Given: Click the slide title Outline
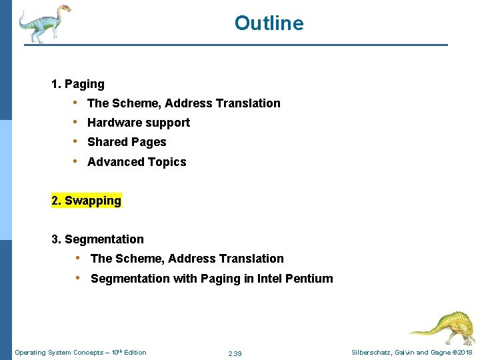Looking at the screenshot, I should tap(269, 24).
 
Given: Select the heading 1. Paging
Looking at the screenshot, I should tap(78, 84).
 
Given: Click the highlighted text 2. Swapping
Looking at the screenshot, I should tap(87, 201).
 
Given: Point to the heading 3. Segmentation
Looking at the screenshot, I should tap(97, 239).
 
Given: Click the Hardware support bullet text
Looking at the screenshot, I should tap(139, 123).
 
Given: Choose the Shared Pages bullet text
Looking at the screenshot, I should tap(127, 142).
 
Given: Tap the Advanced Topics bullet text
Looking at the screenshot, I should tap(137, 162).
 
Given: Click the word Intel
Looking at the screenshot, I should tap(269, 279).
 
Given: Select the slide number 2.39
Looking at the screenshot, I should tap(235, 353).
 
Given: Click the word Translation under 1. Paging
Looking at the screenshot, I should tap(250, 103).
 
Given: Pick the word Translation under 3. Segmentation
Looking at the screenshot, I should tap(253, 259).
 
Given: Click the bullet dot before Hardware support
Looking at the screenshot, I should tap(77, 122).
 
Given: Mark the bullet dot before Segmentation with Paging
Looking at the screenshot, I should tap(78, 278).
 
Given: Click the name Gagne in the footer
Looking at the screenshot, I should tap(439, 353).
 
